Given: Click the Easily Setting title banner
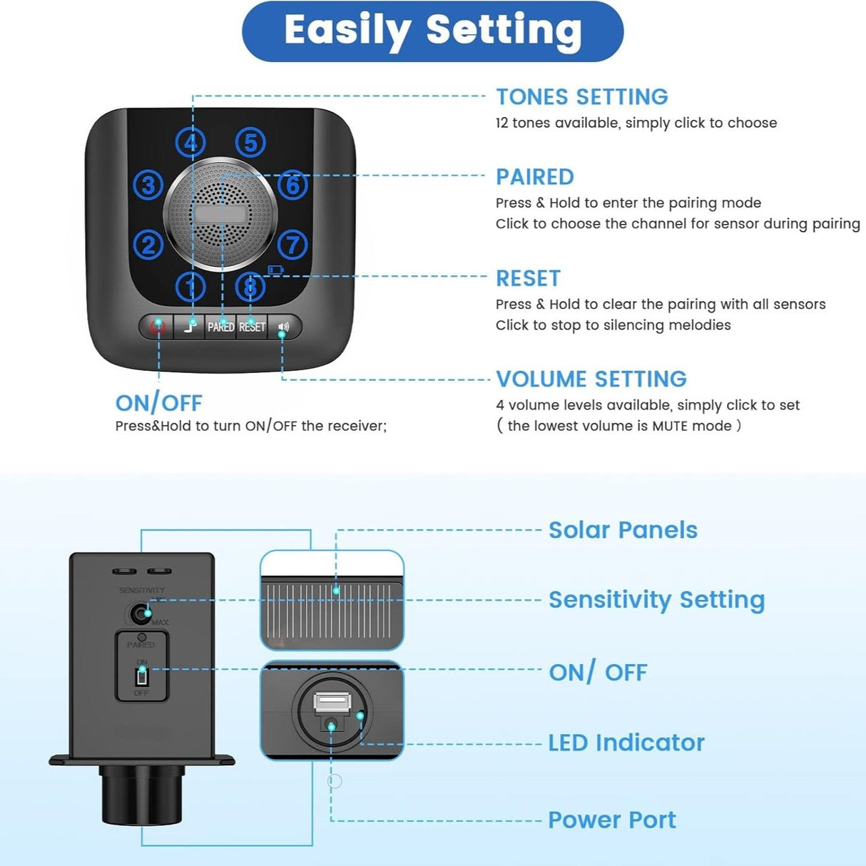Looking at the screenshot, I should point(432,31).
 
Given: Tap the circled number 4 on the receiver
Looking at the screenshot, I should point(190,143).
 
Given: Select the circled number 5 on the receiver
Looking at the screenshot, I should point(250,143).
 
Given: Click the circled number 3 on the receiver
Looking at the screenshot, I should point(148,185).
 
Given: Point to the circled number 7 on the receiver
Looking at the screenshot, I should point(292,245).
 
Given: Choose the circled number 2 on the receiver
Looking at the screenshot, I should point(148,245).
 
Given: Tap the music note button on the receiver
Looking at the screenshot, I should point(190,327).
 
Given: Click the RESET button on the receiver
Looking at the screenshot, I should point(252,327).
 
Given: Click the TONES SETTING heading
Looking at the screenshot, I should point(581,97).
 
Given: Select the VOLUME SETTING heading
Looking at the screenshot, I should point(591,379).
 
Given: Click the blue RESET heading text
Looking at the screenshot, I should point(528,278).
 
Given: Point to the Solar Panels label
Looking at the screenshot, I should point(622,530).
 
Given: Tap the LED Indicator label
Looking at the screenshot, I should point(626,743).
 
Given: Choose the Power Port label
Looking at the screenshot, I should point(611,820).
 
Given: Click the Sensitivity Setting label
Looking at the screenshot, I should point(656,600).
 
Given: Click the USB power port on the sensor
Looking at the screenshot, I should point(332,702).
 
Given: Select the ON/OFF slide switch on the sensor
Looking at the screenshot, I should point(142,676).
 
